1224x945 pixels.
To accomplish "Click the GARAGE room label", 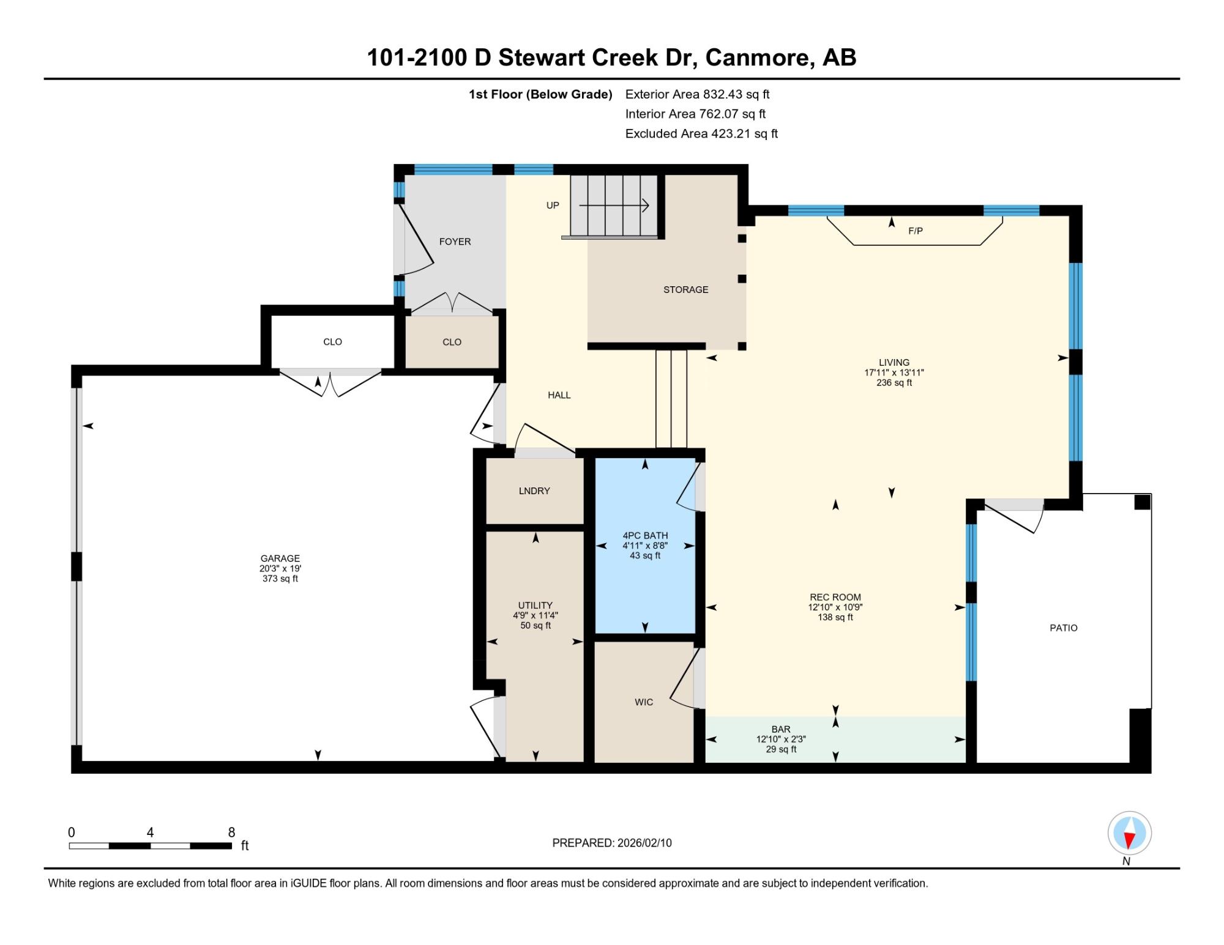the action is point(280,558).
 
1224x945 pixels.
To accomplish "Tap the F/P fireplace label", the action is point(916,231).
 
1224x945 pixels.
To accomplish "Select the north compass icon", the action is point(1129,833).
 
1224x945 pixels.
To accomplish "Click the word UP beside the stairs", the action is point(553,206).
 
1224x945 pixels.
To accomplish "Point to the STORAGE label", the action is point(685,289).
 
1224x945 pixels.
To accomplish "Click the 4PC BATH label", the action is point(645,535).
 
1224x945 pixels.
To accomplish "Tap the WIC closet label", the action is point(644,702).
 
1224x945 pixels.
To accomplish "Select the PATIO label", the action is point(1064,628).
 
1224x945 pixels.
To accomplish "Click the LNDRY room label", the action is point(534,491).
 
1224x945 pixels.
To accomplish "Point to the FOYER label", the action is point(455,242).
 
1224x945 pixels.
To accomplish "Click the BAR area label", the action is point(781,729).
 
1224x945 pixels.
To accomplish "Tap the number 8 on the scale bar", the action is point(231,832).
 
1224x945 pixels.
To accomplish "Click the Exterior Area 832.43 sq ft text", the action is point(697,94).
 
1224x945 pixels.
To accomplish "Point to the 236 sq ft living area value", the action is point(894,383).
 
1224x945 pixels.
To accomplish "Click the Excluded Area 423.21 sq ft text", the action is point(701,133).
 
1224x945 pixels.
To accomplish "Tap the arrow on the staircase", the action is point(614,206).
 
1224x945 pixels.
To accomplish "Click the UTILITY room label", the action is point(535,605).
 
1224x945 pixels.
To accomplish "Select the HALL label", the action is point(559,395).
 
